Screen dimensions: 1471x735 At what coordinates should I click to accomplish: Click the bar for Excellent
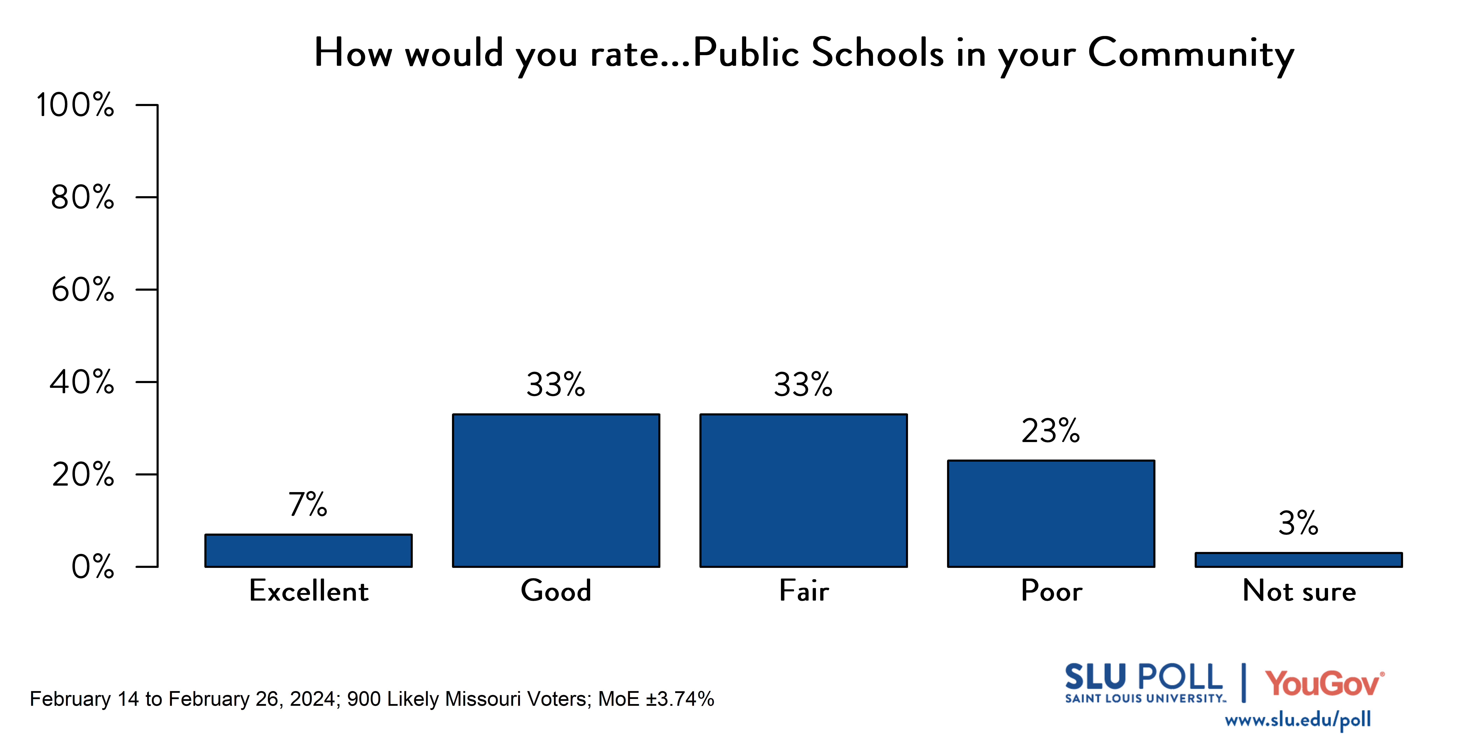tap(308, 551)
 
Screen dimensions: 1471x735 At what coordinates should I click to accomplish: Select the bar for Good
tap(556, 490)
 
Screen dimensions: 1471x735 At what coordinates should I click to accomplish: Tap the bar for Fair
tap(803, 490)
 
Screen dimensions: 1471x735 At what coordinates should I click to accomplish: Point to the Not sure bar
tap(1299, 560)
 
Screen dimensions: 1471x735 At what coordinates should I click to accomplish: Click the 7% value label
tap(308, 505)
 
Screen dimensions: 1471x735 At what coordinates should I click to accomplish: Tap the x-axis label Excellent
tap(309, 591)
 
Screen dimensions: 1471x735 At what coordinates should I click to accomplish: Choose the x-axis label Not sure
tap(1299, 591)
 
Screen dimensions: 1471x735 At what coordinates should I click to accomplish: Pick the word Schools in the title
tap(878, 52)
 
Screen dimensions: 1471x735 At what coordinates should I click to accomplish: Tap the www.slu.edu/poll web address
tap(1297, 720)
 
